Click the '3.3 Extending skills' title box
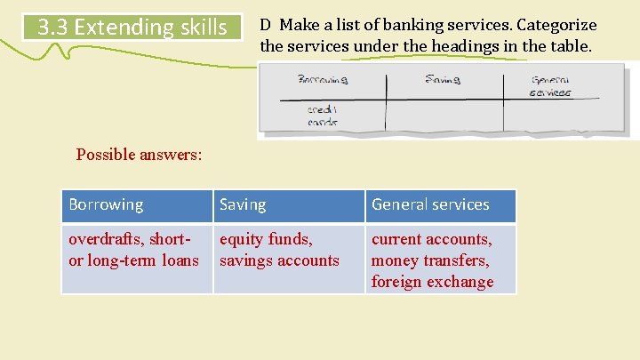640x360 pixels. point(132,28)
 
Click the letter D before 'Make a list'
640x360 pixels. point(266,25)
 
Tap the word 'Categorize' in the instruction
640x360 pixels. point(555,25)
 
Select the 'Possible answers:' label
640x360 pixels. point(139,155)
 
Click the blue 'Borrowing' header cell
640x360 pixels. point(137,205)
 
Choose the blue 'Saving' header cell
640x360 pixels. point(288,205)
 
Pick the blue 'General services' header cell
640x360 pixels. point(440,205)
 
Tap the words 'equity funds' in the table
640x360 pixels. point(266,239)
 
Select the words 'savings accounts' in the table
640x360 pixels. point(279,260)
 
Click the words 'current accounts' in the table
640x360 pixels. point(431,239)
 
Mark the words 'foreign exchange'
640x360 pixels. point(432,282)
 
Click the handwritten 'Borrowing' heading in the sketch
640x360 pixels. point(323,79)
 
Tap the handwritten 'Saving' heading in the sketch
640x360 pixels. point(442,79)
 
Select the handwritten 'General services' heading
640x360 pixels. point(550,86)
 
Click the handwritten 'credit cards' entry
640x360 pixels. point(323,116)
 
